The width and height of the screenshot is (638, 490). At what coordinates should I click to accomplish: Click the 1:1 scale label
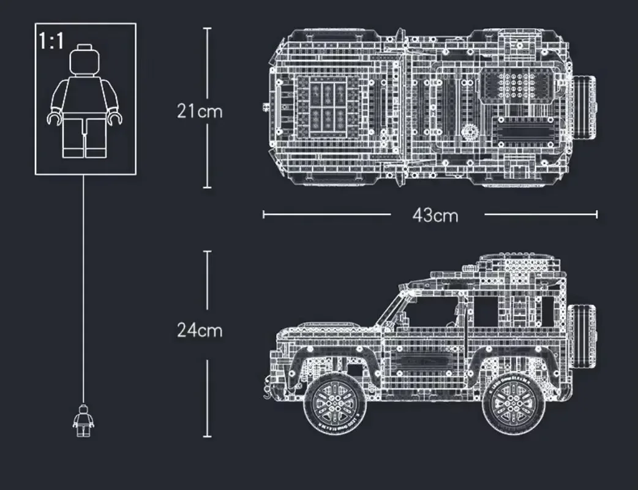[x=51, y=42]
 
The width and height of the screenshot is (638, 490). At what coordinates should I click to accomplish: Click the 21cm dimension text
[x=200, y=111]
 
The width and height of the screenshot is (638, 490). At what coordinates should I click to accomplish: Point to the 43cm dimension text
[x=435, y=215]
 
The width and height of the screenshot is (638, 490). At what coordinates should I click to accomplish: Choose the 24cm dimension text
[x=200, y=330]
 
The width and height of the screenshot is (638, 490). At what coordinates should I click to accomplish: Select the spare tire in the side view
[x=582, y=334]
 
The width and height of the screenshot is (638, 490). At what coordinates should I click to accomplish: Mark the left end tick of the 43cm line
[x=264, y=214]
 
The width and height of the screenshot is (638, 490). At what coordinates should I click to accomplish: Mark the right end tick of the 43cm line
[x=596, y=214]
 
